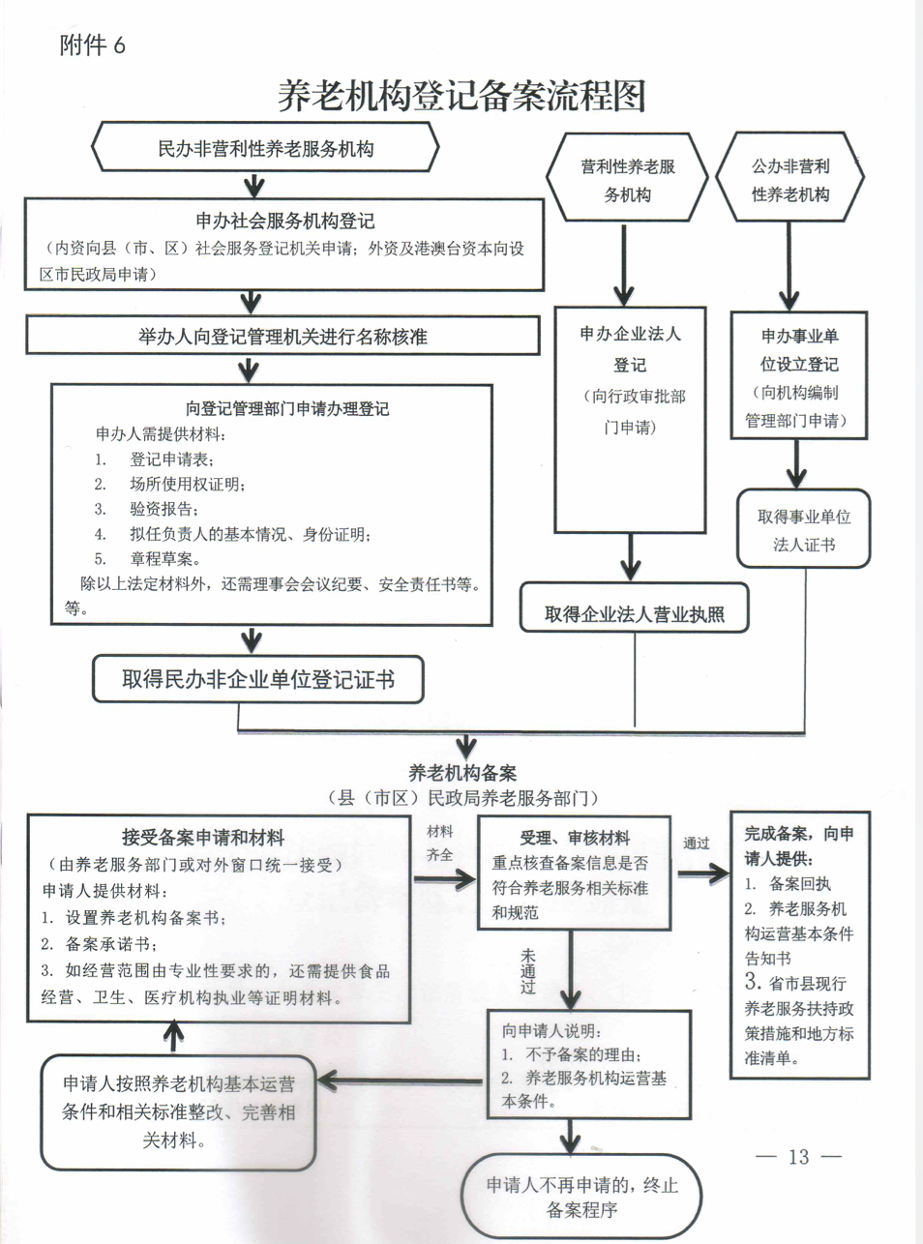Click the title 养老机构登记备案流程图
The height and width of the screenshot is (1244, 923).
(x=461, y=96)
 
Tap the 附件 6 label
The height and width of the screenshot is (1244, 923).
(x=93, y=45)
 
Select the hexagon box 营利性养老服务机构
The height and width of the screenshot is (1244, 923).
(x=627, y=180)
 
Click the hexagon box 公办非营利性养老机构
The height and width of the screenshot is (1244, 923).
(x=790, y=180)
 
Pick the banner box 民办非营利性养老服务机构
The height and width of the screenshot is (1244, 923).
(x=265, y=149)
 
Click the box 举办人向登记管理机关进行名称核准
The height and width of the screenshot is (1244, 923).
(x=282, y=337)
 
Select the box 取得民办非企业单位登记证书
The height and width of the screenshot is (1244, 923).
(x=257, y=679)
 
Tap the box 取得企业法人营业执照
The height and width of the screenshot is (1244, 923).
(x=634, y=613)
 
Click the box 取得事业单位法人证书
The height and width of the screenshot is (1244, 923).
(x=803, y=530)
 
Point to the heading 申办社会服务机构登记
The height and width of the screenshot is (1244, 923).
(x=284, y=221)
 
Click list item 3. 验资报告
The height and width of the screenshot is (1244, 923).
(x=147, y=509)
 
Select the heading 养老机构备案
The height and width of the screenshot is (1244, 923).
(x=462, y=773)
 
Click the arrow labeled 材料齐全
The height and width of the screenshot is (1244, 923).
(x=445, y=878)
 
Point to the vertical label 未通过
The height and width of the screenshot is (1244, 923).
(x=527, y=971)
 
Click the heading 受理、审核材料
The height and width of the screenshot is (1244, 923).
(x=574, y=838)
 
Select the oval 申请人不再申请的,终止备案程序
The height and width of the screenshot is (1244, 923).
(x=581, y=1197)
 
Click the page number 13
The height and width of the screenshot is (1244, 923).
(x=798, y=1157)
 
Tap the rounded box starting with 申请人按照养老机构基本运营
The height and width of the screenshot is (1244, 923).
(x=178, y=1111)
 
